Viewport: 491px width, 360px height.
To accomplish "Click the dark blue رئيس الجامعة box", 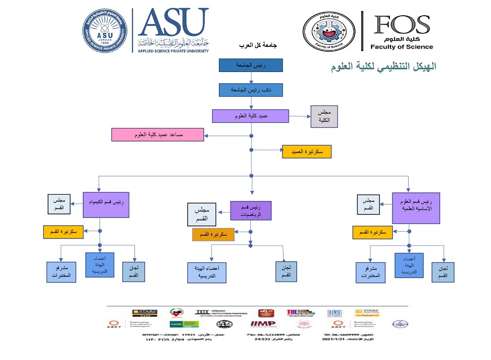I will pos(251,65).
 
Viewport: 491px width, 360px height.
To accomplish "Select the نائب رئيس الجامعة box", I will pos(252,90).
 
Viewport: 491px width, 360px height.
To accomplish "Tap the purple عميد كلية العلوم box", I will pos(250,116).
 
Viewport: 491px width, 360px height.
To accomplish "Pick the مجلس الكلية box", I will pos(324,116).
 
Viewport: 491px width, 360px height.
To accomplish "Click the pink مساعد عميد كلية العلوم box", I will pos(157,135).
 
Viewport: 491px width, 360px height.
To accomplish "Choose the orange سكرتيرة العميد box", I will pos(306,152).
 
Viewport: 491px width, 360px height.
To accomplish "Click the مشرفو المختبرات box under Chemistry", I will pos(61,271).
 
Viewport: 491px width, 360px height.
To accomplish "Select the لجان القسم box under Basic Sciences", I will pos(443,271).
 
